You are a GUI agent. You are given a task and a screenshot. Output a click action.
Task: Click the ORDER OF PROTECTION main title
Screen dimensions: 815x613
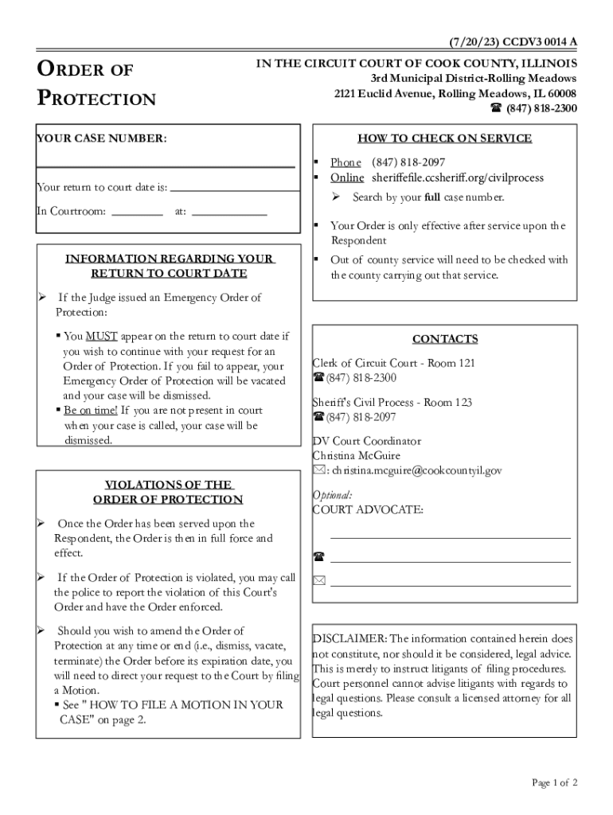pos(96,84)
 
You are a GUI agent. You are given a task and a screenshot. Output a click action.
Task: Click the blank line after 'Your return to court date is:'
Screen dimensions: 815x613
pos(236,189)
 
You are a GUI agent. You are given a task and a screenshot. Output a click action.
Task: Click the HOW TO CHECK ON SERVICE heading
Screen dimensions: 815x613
pos(444,138)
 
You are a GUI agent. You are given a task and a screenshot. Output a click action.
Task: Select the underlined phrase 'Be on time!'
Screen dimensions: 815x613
pos(90,411)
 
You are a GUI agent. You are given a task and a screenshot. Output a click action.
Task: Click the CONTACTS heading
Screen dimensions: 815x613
pos(445,339)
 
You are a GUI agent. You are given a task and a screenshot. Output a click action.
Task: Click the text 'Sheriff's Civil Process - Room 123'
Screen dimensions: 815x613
pos(392,403)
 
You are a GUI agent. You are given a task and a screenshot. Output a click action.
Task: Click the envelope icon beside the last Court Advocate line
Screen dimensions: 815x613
pos(319,581)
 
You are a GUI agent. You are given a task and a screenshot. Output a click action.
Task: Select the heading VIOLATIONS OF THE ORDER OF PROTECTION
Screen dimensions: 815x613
pos(168,492)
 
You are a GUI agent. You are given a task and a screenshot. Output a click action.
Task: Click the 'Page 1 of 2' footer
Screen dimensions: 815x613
pos(555,783)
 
